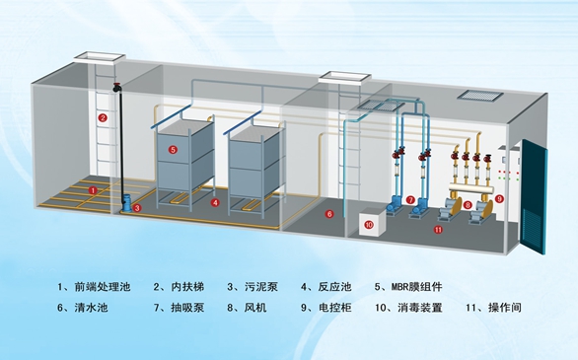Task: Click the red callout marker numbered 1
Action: [93, 190]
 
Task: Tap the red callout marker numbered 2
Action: [103, 118]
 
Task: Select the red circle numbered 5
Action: [173, 149]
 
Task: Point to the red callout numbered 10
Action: [369, 225]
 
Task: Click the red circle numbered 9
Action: [499, 198]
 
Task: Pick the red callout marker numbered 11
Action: [438, 230]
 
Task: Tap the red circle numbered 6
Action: [329, 214]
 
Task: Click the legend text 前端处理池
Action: [103, 287]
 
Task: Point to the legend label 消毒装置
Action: [420, 308]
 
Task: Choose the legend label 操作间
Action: [505, 308]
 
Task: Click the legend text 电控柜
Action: [334, 308]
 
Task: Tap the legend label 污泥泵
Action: [261, 287]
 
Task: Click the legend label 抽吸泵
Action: [187, 308]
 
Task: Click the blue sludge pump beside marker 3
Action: [126, 203]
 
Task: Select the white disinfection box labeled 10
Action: [372, 222]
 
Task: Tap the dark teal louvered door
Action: [533, 196]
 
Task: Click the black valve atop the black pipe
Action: [117, 88]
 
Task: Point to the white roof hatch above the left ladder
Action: [100, 57]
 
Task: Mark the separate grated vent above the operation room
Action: [480, 95]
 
